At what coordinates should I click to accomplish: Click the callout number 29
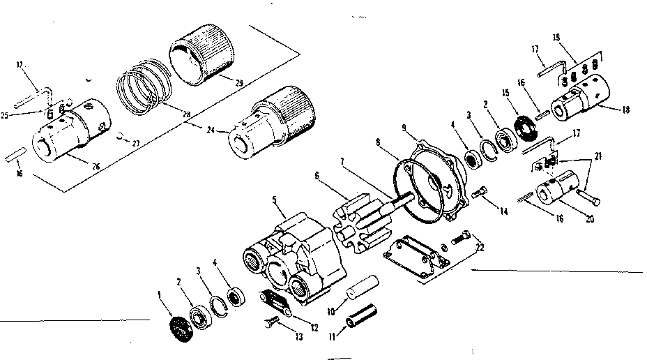(238, 84)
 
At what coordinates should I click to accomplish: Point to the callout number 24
(213, 130)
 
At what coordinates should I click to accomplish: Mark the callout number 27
(135, 143)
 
